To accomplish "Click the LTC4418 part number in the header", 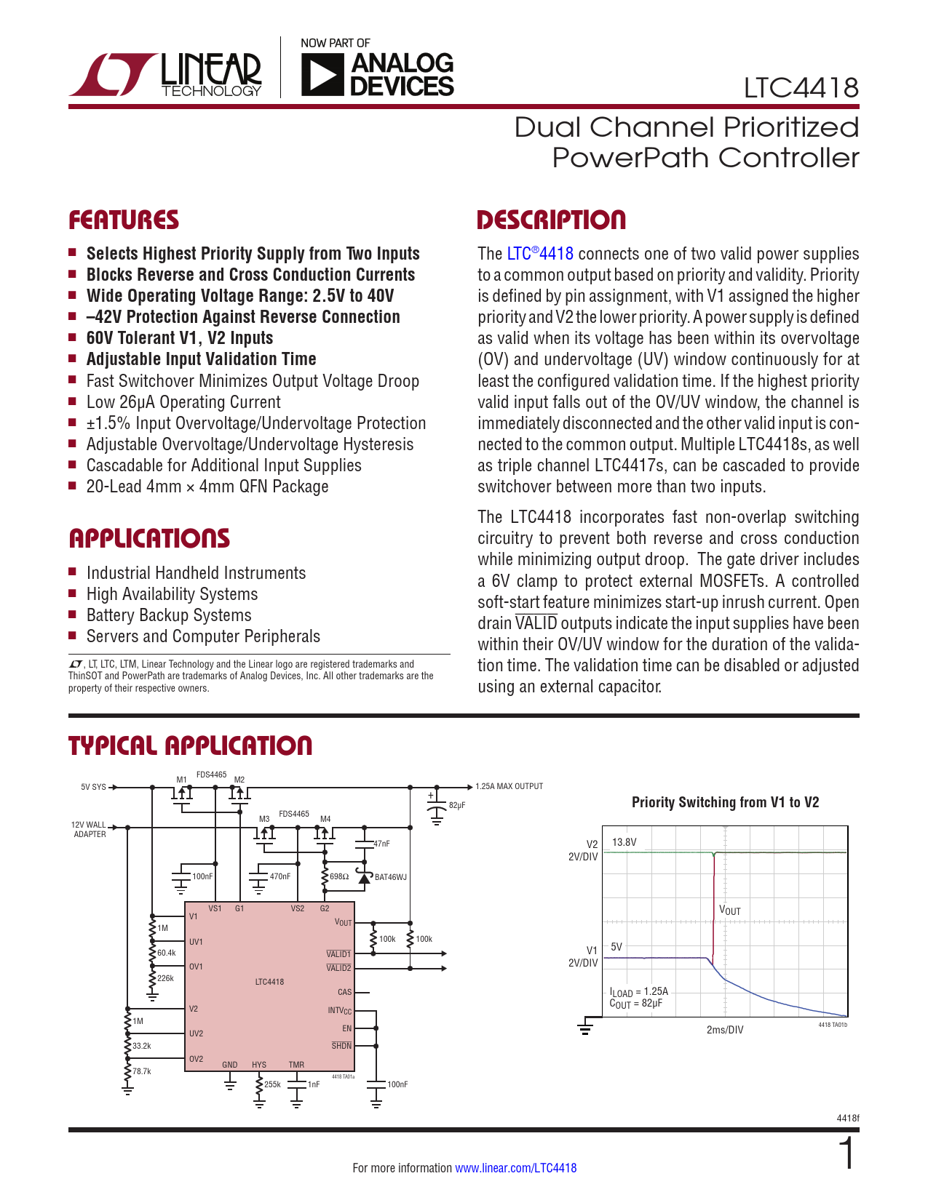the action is coord(801,88).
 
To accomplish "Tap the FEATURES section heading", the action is coord(124,220).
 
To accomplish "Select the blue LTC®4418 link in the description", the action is coord(540,254).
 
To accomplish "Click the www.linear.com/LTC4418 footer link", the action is coord(515,1168).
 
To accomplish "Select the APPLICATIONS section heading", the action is coord(149,538).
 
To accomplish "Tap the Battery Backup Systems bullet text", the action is coord(169,615).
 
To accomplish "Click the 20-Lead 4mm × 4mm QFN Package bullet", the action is coord(207,487).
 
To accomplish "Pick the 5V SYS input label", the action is coord(93,787).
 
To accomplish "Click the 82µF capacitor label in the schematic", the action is coord(457,805).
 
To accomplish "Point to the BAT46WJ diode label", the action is coord(391,877).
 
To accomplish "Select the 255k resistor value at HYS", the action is coord(272,1084).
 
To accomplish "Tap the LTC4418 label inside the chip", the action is coord(269,981).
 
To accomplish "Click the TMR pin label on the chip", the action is coord(296,1064).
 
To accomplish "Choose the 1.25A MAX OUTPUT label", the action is coord(509,786).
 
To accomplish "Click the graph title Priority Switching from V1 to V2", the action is coord(725,802).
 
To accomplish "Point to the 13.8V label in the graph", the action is coord(624,842).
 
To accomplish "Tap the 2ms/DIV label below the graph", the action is coord(725,1030).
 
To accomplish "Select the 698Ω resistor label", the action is coord(339,876).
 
